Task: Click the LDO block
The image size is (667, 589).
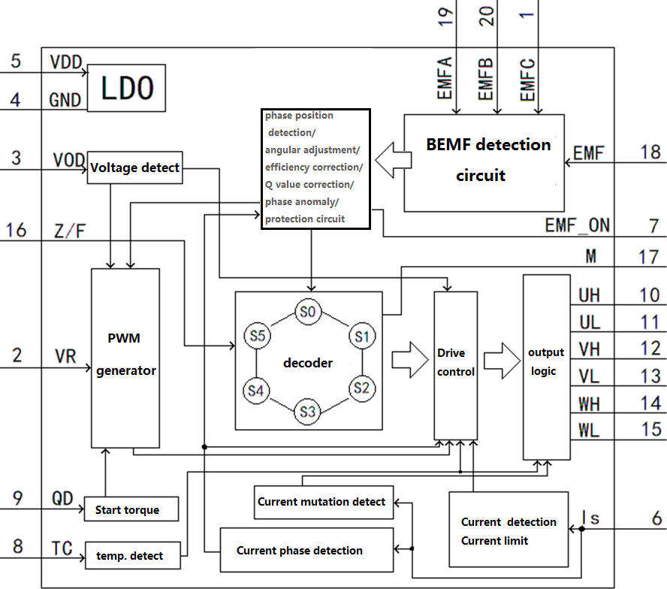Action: click(x=127, y=88)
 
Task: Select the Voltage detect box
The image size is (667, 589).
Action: click(x=134, y=168)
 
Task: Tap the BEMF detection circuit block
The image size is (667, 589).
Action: click(x=484, y=162)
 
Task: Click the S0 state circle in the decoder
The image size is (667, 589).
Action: click(x=306, y=311)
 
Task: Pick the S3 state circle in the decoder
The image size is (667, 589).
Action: click(x=306, y=411)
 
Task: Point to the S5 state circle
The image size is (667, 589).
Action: click(x=257, y=337)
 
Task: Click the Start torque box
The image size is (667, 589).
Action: click(x=131, y=509)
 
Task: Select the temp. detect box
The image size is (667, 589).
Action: click(x=134, y=556)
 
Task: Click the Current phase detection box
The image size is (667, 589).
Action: click(x=306, y=550)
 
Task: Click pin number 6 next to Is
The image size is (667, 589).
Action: click(x=655, y=518)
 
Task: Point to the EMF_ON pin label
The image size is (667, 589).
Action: click(x=577, y=225)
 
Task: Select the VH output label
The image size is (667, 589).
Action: click(x=589, y=349)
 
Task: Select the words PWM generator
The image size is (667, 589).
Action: click(x=125, y=354)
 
